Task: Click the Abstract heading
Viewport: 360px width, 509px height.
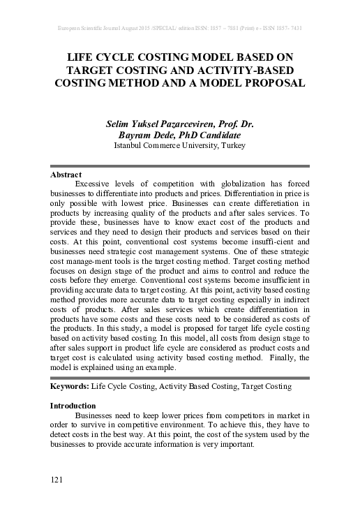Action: (x=66, y=174)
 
